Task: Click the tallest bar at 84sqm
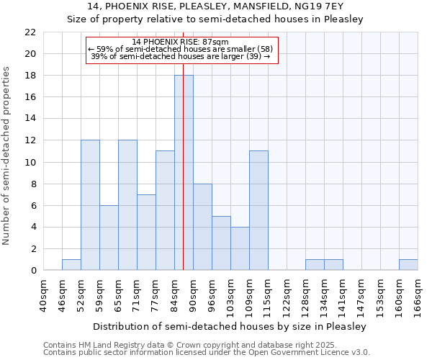(184, 173)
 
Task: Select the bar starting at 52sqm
(90, 205)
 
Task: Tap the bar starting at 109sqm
(258, 210)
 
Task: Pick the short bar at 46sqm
(71, 265)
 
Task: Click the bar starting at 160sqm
(408, 265)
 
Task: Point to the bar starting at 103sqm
(240, 248)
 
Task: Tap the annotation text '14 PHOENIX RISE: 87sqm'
(181, 42)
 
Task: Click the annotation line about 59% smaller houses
(181, 49)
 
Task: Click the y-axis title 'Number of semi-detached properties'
(7, 156)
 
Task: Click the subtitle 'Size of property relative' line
(215, 19)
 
